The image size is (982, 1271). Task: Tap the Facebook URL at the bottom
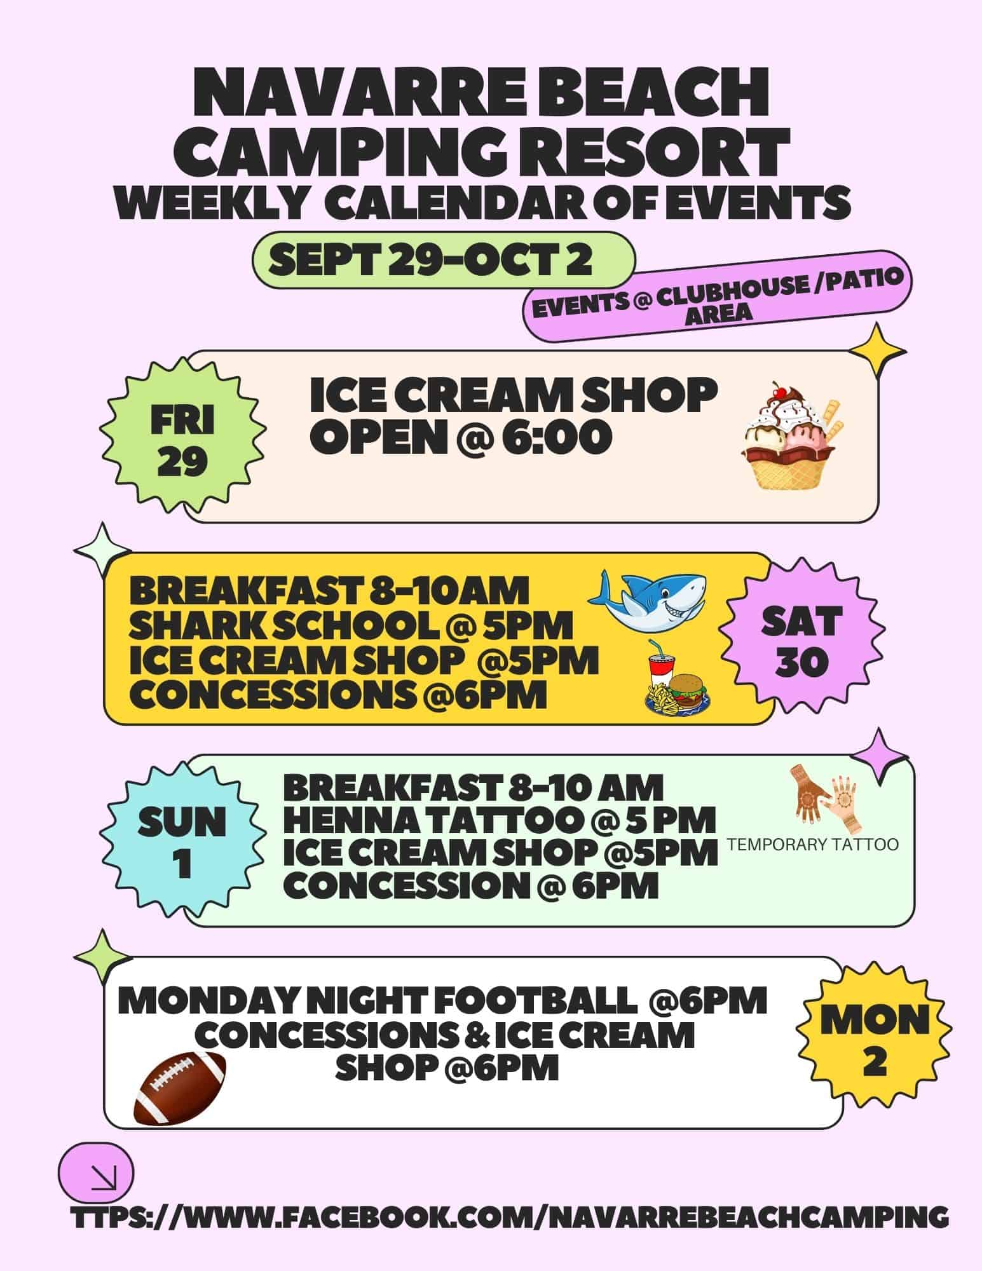point(509,1218)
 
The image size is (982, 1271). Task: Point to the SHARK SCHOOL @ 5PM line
point(351,626)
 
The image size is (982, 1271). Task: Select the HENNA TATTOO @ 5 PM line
point(500,820)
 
